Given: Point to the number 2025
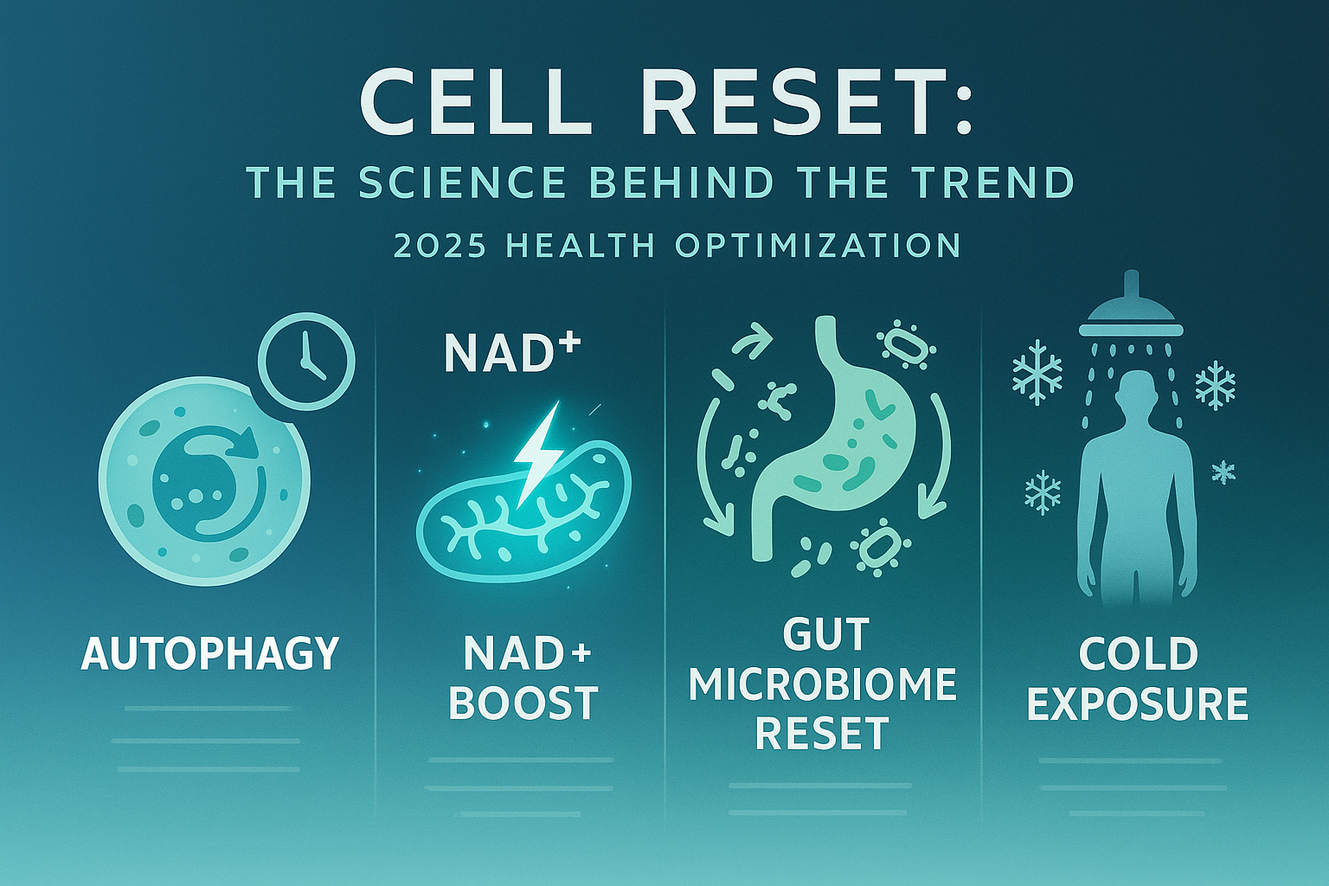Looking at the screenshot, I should tap(438, 246).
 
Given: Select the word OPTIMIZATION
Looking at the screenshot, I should tap(818, 246).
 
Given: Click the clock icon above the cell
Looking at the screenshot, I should tap(306, 360).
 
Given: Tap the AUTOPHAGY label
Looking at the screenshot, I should tap(209, 653).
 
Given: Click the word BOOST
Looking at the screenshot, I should tap(523, 703).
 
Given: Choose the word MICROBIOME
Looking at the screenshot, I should tap(823, 685).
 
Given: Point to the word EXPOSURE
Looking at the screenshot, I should tap(1138, 703).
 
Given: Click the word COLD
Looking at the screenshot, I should tap(1138, 654).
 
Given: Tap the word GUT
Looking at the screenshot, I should tap(825, 636).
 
